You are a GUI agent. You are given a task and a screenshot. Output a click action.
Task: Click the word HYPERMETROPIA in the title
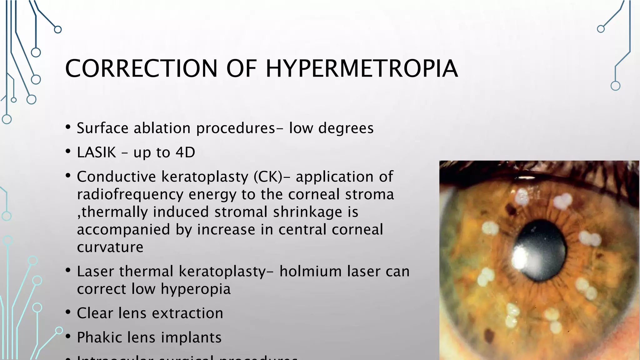pos(362,68)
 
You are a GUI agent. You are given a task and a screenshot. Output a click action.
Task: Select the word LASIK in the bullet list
pos(97,152)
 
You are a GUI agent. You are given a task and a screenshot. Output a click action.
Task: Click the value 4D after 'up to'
pos(185,152)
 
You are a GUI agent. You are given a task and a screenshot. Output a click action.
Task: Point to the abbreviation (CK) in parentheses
pos(268,177)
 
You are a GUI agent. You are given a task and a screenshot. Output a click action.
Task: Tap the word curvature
pos(110,247)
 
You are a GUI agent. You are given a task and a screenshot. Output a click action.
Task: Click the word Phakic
pos(99,337)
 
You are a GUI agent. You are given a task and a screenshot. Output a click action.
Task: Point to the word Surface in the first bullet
pos(102,128)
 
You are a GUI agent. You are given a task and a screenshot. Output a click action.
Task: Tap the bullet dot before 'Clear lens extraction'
pos(68,312)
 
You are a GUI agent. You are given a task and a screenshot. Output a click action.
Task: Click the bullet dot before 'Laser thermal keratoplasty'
pos(68,270)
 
